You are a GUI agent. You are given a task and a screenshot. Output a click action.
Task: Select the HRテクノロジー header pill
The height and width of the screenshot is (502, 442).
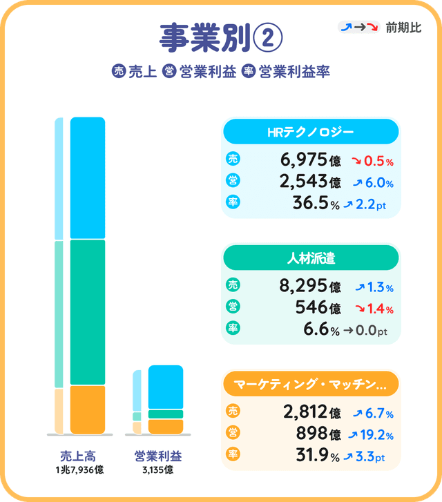[310, 132]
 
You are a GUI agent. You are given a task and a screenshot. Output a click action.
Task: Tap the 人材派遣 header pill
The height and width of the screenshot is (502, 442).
[310, 258]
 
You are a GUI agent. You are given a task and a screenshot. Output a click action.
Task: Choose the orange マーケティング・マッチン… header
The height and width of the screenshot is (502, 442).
[310, 384]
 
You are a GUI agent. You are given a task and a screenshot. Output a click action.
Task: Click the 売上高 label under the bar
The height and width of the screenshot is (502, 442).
[77, 456]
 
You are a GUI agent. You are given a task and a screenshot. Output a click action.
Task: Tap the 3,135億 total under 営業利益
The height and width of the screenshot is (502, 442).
[158, 470]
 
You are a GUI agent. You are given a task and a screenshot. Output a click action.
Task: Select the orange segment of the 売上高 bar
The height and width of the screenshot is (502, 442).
[88, 409]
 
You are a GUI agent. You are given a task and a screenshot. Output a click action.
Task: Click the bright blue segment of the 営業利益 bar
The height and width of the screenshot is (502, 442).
[166, 386]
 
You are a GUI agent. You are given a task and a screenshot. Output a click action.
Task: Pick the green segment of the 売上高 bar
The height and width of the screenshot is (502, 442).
[88, 312]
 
